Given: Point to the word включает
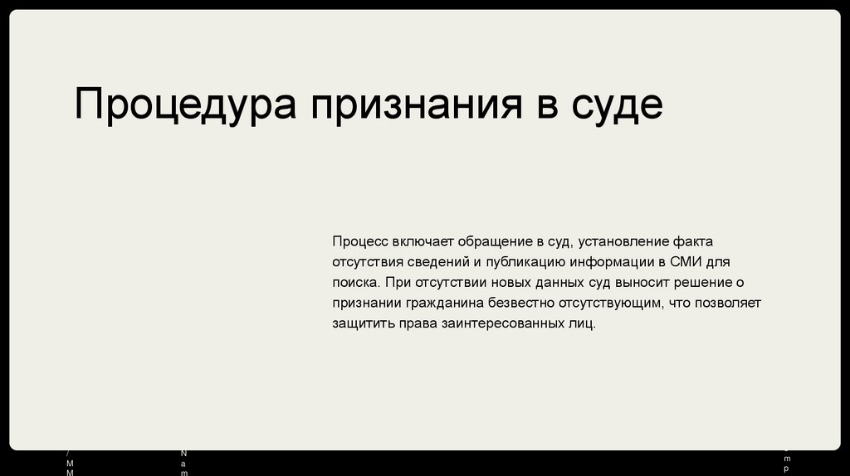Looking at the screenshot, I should coord(426,241).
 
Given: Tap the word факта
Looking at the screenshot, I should coord(693,241).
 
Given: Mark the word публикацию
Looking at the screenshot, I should coord(520,262).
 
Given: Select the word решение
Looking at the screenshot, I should coord(701,282).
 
